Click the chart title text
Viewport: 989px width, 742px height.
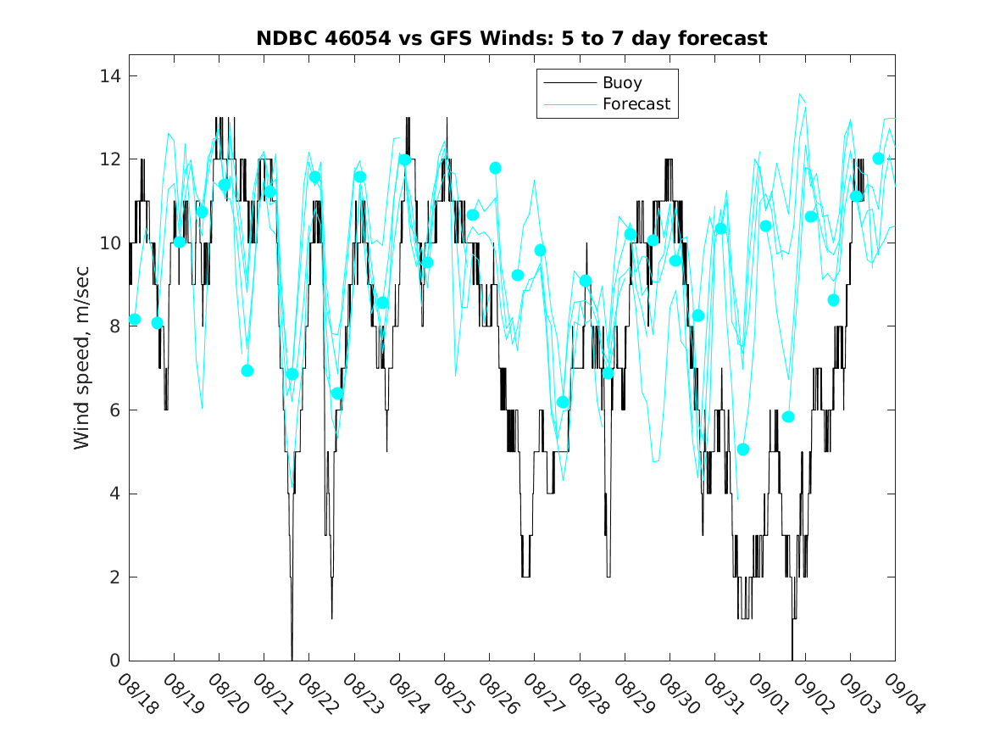(512, 38)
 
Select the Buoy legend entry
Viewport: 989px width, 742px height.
(622, 83)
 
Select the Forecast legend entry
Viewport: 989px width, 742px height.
(636, 104)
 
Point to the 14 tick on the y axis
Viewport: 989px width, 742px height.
(111, 76)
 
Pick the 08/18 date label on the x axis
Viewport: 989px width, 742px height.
(138, 694)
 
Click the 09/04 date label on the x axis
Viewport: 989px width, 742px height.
(903, 694)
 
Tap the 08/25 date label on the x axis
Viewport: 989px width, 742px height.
(453, 694)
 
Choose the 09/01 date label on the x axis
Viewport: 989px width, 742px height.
(769, 694)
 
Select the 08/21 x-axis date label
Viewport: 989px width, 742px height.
(273, 694)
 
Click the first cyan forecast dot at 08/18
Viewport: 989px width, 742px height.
(135, 320)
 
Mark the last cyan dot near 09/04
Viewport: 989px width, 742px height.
(878, 159)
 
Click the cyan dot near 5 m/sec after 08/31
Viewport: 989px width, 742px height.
(743, 449)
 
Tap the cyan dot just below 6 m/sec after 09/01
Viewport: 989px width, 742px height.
(788, 416)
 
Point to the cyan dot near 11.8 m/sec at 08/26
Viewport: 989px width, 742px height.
(496, 168)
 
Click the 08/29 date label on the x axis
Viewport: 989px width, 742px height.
(634, 694)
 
